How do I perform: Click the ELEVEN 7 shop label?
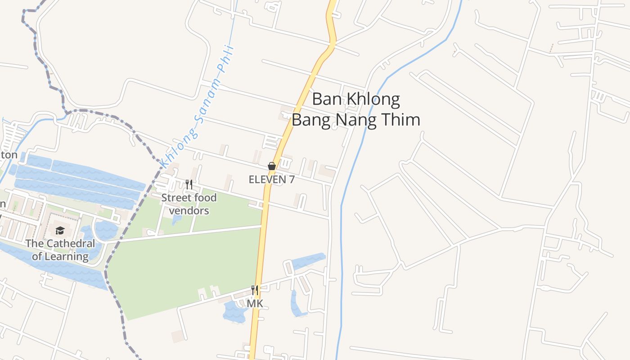click(x=272, y=180)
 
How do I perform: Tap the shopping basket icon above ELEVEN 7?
click(x=272, y=166)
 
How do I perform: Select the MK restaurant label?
click(x=255, y=304)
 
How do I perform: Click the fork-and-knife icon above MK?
click(x=255, y=290)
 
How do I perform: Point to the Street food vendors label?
click(x=189, y=204)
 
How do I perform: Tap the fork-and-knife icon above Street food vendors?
click(x=189, y=184)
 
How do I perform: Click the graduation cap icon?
click(x=60, y=231)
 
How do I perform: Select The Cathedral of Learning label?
click(x=60, y=250)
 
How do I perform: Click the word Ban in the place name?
click(x=327, y=99)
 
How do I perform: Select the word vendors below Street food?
click(x=189, y=211)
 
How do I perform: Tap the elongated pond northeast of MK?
click(x=309, y=261)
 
